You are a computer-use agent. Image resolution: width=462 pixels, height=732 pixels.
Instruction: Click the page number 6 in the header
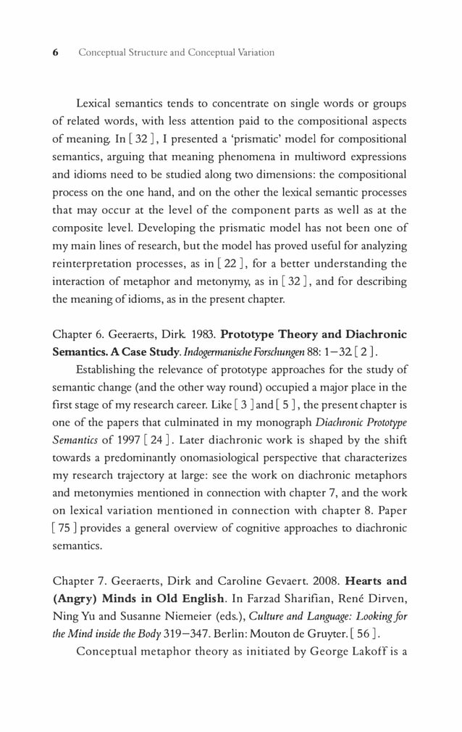(x=55, y=53)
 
